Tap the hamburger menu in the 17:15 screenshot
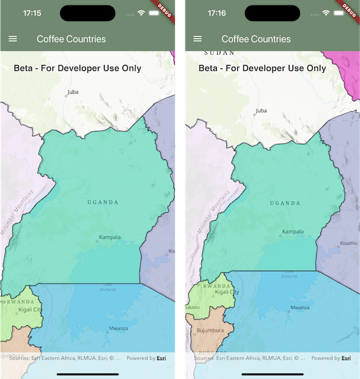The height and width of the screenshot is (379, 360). [12, 39]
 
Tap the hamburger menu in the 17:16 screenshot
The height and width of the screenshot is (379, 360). [197, 39]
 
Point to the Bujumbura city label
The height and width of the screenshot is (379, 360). [211, 331]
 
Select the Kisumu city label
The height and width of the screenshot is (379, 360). [348, 243]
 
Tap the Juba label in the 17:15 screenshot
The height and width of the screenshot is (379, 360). [73, 92]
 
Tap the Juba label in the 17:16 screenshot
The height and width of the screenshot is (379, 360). [261, 111]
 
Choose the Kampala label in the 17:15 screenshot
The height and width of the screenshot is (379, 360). [110, 237]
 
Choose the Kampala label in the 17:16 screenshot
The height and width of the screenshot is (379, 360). [293, 231]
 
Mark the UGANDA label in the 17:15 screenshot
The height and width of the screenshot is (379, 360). [102, 202]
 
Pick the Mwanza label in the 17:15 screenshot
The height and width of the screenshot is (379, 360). [118, 328]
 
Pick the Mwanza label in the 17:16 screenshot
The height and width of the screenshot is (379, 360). [300, 307]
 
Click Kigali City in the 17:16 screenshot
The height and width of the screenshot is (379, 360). [227, 292]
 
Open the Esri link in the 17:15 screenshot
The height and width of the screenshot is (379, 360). [162, 358]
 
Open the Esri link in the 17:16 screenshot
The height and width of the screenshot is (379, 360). [347, 358]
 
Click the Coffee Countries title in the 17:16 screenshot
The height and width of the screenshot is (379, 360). [256, 39]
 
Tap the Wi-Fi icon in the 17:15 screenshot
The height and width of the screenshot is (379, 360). [141, 13]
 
